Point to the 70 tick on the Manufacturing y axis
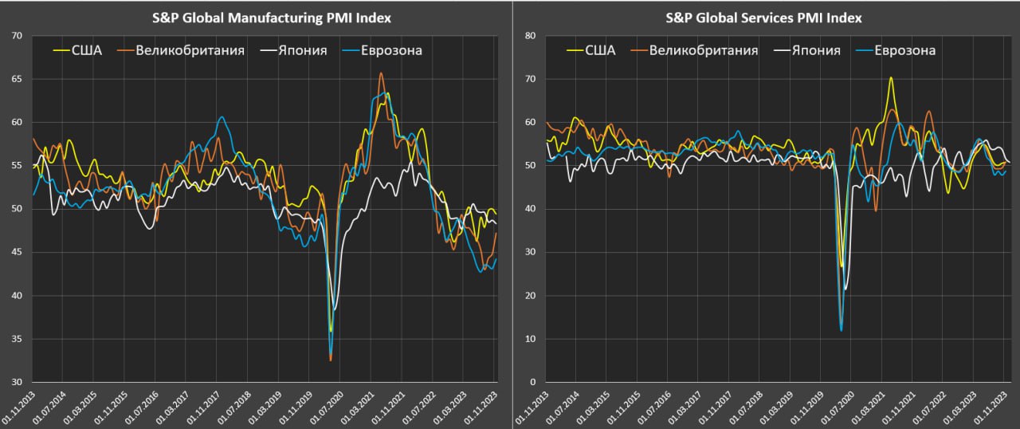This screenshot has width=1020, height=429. pos(18,36)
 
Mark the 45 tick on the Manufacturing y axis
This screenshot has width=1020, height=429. pos(18,253)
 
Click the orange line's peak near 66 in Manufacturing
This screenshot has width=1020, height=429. pos(381,73)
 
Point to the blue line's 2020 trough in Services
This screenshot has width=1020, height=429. pos(841,330)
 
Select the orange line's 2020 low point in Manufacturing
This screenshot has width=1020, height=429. pos(331,360)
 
